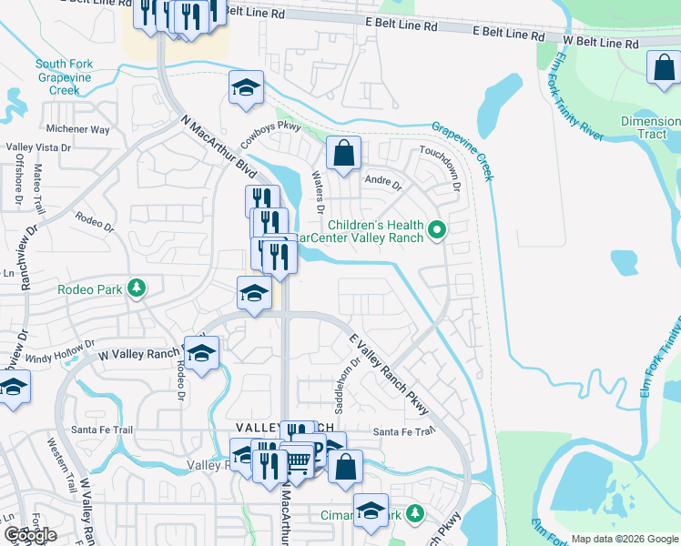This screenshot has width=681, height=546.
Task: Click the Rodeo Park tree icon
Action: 137,288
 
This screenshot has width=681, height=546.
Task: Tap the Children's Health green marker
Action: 437,231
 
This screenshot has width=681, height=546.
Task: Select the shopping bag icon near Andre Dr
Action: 343,155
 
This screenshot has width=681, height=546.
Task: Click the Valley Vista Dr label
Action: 38,147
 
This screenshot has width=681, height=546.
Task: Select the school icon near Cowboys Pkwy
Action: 246,88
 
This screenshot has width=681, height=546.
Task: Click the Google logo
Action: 30,535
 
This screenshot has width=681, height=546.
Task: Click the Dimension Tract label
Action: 650,127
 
